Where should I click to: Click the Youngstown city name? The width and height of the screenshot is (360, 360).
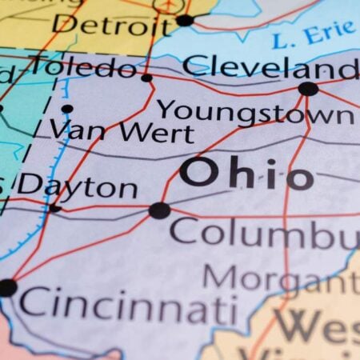(x=254, y=111)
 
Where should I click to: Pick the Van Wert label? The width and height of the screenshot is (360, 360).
(x=120, y=129)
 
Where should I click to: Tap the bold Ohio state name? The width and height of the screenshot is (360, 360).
(x=246, y=173)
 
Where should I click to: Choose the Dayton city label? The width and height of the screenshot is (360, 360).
(x=78, y=186)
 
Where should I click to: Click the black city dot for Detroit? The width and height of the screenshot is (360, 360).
(x=185, y=20)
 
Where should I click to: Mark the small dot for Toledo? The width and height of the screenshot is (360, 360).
(x=146, y=78)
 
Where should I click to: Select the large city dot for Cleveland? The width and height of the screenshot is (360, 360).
(x=308, y=89)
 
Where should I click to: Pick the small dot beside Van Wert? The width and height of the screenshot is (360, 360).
(x=67, y=109)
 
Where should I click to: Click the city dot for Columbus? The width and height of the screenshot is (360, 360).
(x=159, y=210)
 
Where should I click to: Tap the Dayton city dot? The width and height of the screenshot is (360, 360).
(x=54, y=209)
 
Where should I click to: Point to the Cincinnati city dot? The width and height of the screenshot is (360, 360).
(x=7, y=287)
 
